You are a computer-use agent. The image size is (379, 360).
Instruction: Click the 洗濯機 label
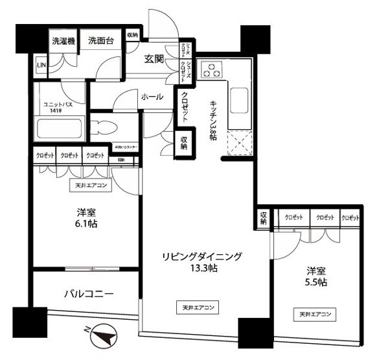click(63, 42)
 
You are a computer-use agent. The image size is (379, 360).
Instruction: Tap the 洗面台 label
click(102, 41)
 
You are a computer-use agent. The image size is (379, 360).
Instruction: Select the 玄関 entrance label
click(154, 60)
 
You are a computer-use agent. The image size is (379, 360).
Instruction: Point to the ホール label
click(152, 96)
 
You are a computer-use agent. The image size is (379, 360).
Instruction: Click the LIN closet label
click(41, 66)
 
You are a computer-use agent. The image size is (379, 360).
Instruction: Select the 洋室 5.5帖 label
click(316, 277)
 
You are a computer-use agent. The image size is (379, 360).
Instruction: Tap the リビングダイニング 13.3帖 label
click(201, 263)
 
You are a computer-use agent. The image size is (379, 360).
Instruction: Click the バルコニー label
click(89, 294)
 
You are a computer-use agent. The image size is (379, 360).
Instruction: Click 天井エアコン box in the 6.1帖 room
click(91, 185)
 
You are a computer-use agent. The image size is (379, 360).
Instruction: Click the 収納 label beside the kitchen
click(183, 142)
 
